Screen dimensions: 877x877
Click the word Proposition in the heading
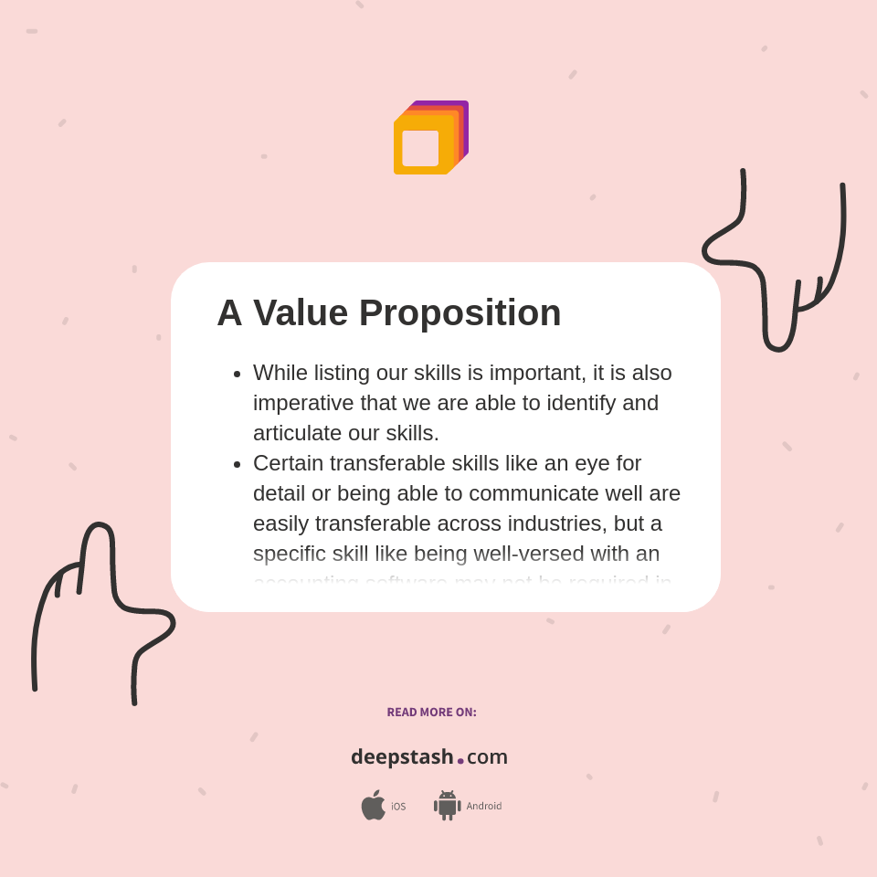(x=460, y=313)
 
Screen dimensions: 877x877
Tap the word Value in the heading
(x=301, y=313)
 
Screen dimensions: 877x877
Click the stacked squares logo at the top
(x=430, y=138)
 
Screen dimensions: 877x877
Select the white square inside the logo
(x=420, y=148)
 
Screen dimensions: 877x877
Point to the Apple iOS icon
(x=373, y=805)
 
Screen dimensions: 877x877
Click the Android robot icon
(x=447, y=805)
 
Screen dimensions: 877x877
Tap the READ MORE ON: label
(x=431, y=713)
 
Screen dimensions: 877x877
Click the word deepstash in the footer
(x=402, y=756)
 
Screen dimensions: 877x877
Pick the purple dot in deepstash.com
(x=460, y=760)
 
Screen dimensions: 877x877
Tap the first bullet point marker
(x=237, y=374)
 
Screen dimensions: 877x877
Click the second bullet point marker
(x=237, y=464)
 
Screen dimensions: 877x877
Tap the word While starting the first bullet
(x=280, y=373)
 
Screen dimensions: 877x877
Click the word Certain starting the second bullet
(x=289, y=463)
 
